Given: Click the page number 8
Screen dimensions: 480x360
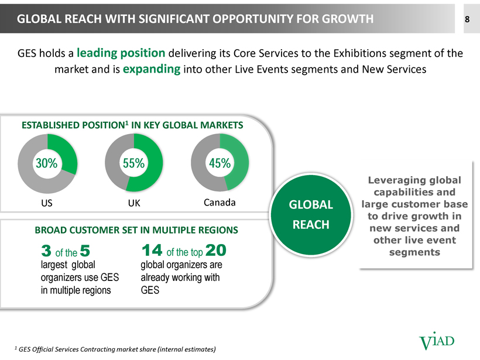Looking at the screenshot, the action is pyautogui.click(x=467, y=19).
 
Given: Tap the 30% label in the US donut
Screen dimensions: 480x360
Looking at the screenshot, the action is pyautogui.click(x=46, y=163).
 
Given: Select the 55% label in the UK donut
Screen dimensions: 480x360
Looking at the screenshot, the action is pyautogui.click(x=134, y=163).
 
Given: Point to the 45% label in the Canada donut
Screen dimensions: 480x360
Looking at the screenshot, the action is pyautogui.click(x=220, y=163).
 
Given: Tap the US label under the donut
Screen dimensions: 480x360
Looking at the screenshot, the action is pyautogui.click(x=47, y=203).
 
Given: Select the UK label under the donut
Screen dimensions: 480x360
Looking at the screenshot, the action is pyautogui.click(x=134, y=203).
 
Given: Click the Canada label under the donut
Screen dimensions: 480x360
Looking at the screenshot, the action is pyautogui.click(x=220, y=203).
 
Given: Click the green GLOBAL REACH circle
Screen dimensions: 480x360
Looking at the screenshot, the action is pyautogui.click(x=311, y=215).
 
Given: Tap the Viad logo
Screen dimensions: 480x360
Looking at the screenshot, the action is pyautogui.click(x=437, y=341).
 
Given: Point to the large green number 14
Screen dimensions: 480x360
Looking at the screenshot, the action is pyautogui.click(x=152, y=250).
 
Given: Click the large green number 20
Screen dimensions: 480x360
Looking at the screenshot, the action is pyautogui.click(x=216, y=250).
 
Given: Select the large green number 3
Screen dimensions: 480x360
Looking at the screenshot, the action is pyautogui.click(x=46, y=251).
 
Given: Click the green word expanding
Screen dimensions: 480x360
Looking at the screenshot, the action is pyautogui.click(x=152, y=69).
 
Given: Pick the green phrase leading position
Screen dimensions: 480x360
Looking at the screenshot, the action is pyautogui.click(x=121, y=53).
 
